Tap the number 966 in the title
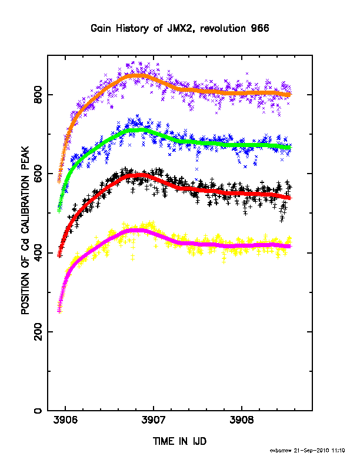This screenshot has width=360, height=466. [x=259, y=28]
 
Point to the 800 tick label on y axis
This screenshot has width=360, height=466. [x=39, y=95]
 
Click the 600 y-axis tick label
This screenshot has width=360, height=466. [x=39, y=174]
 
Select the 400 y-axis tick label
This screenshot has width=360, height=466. [x=39, y=253]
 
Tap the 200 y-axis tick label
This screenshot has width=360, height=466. [x=39, y=332]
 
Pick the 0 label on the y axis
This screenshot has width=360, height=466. [x=39, y=411]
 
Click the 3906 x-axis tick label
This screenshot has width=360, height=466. [x=65, y=420]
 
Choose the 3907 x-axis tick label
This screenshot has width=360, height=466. [x=154, y=420]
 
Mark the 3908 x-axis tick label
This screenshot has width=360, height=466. [x=242, y=420]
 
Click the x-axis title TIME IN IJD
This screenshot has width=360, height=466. [x=179, y=441]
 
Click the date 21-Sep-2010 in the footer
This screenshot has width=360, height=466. [x=311, y=451]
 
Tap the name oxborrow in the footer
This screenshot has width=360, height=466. [x=281, y=451]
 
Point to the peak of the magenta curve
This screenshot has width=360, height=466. [x=136, y=230]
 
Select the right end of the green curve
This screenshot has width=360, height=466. [x=291, y=147]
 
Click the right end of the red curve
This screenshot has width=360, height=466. [x=291, y=198]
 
